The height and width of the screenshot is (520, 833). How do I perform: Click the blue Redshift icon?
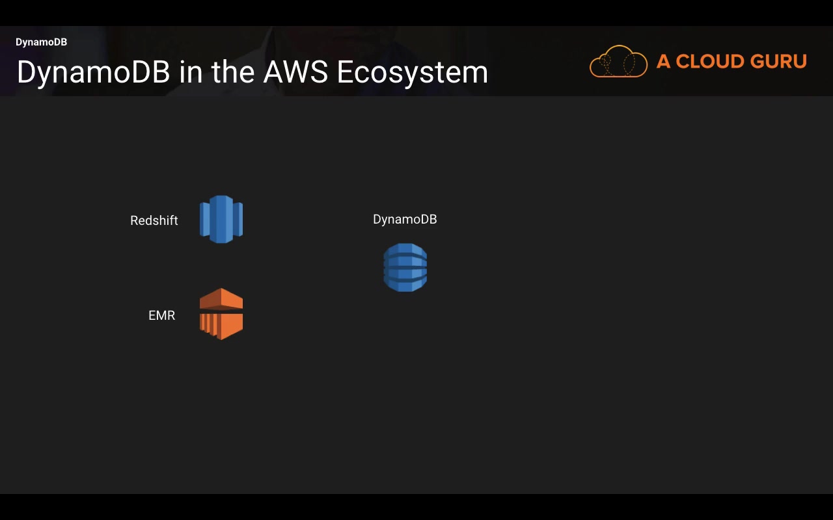tap(221, 219)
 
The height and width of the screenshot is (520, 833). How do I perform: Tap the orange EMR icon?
tap(221, 314)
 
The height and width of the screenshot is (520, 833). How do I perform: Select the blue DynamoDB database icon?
tap(405, 267)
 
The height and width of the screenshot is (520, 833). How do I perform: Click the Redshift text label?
tap(154, 220)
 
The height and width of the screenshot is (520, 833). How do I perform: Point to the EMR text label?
tap(162, 315)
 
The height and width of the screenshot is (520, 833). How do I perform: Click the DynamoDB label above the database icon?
tap(405, 219)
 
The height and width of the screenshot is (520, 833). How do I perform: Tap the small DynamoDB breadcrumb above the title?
tap(41, 42)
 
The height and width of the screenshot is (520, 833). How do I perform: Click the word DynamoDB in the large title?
tap(93, 72)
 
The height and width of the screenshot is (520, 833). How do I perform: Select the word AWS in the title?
tap(295, 72)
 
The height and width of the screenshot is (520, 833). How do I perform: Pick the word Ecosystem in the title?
tap(412, 73)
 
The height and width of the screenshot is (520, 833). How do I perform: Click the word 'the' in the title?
tap(233, 71)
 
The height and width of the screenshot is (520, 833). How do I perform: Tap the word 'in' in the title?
tap(191, 71)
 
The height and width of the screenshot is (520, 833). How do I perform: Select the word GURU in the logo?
tap(779, 61)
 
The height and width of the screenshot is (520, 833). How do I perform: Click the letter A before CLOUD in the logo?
tap(663, 61)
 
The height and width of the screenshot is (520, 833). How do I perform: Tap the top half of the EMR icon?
tap(221, 299)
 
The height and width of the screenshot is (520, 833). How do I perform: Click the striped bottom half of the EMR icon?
tap(221, 326)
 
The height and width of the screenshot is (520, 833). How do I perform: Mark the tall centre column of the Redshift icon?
tap(221, 219)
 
